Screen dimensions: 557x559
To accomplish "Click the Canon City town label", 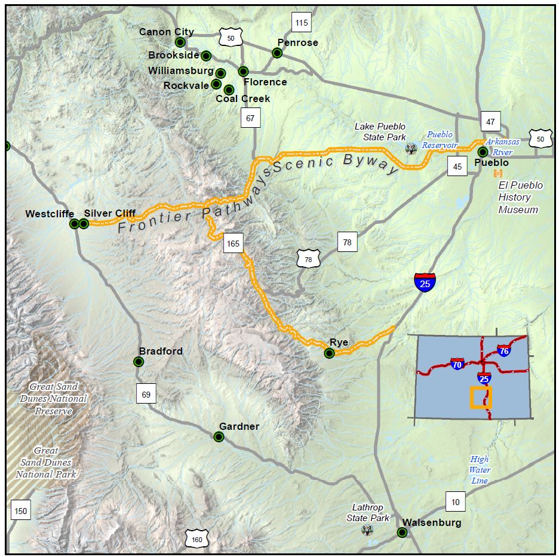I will (166, 32).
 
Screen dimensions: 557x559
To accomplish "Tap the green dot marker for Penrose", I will (277, 53).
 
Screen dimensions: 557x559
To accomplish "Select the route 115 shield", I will (302, 23).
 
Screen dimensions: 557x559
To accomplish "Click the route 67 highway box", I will (250, 118).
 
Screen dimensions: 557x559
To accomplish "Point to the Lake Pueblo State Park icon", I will (411, 148).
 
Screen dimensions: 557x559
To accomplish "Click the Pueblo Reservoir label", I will (440, 140).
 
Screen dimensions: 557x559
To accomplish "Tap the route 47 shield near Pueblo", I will (490, 121).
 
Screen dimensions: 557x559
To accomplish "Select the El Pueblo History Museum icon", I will (497, 173).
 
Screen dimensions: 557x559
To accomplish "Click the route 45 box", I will (457, 167).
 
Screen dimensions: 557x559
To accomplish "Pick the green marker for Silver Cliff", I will (84, 224).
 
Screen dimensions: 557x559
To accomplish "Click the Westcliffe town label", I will (50, 213).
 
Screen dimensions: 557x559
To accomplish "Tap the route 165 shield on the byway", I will (233, 243).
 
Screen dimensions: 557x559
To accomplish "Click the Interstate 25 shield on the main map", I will (425, 282).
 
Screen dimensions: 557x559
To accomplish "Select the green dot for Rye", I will (328, 353).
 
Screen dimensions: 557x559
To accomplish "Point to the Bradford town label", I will (161, 351).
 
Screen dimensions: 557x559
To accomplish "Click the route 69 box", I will (146, 394).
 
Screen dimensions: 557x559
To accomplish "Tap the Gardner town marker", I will (219, 437).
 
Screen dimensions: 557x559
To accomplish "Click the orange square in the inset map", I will (480, 398).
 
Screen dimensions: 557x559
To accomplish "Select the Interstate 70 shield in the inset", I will (457, 363).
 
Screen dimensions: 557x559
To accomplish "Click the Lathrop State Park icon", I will (368, 530).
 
